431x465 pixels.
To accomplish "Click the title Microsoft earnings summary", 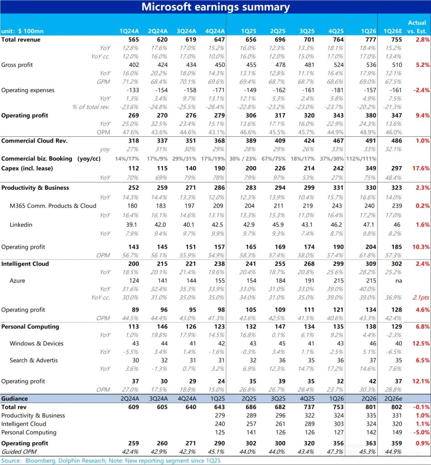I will coord(215,7).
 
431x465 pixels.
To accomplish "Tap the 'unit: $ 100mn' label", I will coord(22,31).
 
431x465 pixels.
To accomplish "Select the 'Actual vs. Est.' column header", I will coord(417,27).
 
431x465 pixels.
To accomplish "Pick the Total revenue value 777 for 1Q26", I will coord(370,39).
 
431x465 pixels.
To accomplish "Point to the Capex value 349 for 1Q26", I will coord(370,168).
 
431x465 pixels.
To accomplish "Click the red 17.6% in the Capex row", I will coord(421,168).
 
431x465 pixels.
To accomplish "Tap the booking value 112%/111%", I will coord(362,159).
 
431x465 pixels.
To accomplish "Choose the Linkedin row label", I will coord(21,225).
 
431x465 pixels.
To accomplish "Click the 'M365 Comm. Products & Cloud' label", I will coord(53,206).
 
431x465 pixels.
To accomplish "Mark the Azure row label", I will coord(17,281).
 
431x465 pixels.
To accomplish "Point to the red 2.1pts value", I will coord(421,298).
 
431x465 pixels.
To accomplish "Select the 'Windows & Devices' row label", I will coord(36,343).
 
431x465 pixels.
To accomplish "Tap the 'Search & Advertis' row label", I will coord(34,360).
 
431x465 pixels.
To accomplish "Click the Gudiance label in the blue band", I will coord(14,398).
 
